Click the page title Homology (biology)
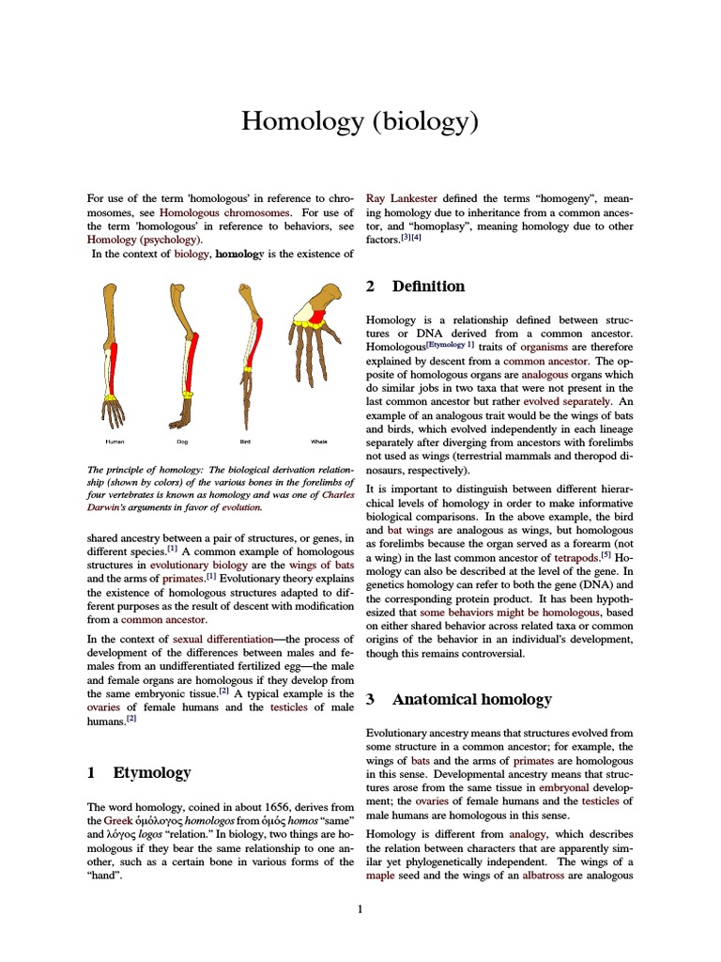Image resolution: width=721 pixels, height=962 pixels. coord(360,121)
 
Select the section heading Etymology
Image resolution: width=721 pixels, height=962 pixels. coord(151,772)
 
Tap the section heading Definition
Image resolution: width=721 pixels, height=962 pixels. coord(428,286)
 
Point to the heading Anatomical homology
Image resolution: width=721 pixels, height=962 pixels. coord(471,699)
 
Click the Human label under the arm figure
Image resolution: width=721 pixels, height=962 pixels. coord(115,441)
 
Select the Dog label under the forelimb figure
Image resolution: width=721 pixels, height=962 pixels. coord(182,441)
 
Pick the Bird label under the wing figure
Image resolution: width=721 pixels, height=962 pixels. coord(245,441)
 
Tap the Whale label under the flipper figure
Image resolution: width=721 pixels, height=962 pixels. coord(319,441)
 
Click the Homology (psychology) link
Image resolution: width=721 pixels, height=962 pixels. coord(144,240)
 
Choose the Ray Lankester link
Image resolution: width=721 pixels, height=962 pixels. coord(401,198)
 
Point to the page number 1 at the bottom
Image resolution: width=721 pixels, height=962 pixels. coord(360,909)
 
